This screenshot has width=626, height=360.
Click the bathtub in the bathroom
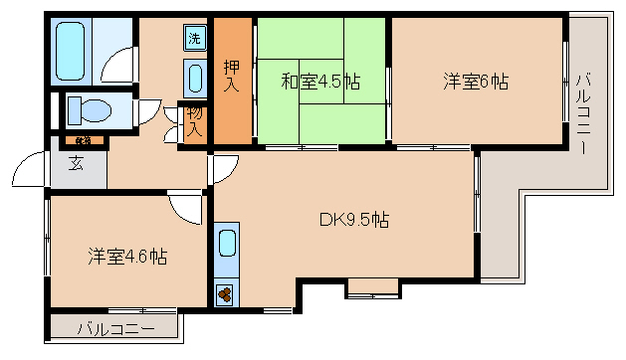71,49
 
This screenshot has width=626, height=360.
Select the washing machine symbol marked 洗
194,39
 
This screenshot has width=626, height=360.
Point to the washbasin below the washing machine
194,76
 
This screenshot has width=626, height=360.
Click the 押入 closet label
231,77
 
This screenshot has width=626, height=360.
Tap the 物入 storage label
194,121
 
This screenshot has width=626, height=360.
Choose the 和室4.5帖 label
319,82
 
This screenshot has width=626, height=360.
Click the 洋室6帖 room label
476,82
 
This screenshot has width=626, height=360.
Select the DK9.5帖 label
352,220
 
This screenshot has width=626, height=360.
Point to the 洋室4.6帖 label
126,256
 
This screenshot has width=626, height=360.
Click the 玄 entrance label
76,164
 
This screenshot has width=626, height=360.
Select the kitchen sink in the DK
228,245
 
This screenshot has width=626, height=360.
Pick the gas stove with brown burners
226,293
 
